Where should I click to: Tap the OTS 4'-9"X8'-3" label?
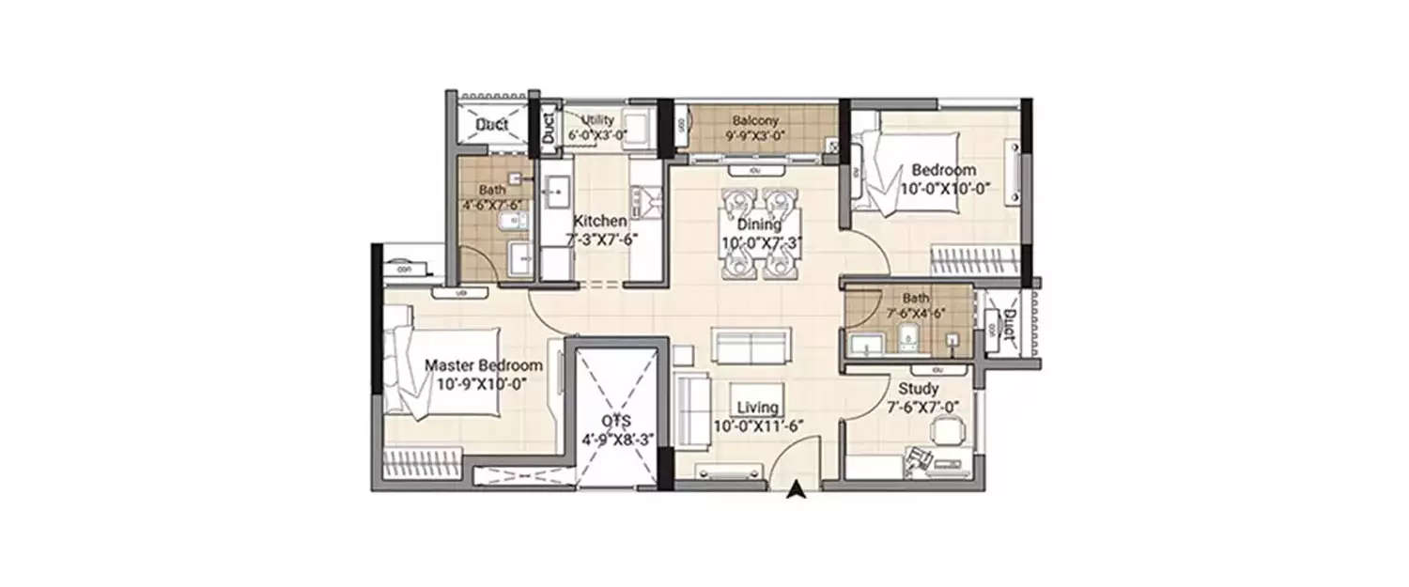click(x=617, y=430)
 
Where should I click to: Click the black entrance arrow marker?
click(x=797, y=487)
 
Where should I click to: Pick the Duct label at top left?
click(x=491, y=125)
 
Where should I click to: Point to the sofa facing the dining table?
click(x=751, y=347)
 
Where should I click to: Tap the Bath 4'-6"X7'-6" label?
click(x=491, y=196)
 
